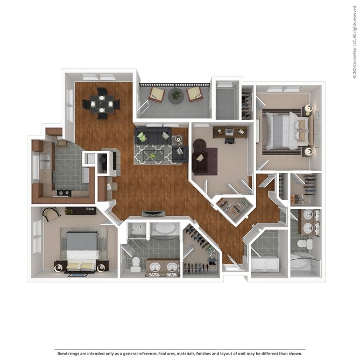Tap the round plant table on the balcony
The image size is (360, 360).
(x=175, y=96)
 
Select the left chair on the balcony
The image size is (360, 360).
(x=157, y=94)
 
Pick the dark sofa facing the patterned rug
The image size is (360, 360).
(x=153, y=136)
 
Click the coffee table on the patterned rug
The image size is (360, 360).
(x=155, y=155)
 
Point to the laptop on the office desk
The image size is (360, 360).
(x=229, y=131)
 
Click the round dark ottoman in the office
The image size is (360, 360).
(x=199, y=145)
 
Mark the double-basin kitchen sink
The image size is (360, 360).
(x=44, y=160)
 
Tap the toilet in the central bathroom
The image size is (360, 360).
(x=136, y=263)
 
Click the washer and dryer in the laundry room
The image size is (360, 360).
(x=264, y=264)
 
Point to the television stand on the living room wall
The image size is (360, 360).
(x=153, y=214)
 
